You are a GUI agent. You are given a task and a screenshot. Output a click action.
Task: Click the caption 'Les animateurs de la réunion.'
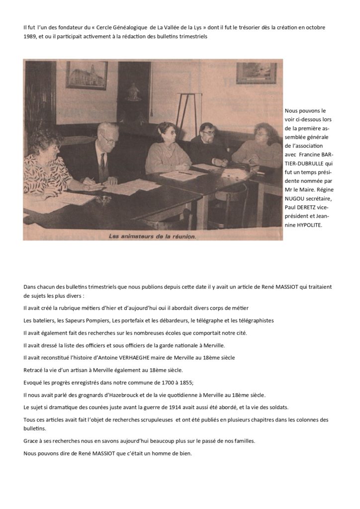coord(153,237)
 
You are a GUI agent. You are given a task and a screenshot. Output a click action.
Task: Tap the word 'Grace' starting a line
coord(31,440)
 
